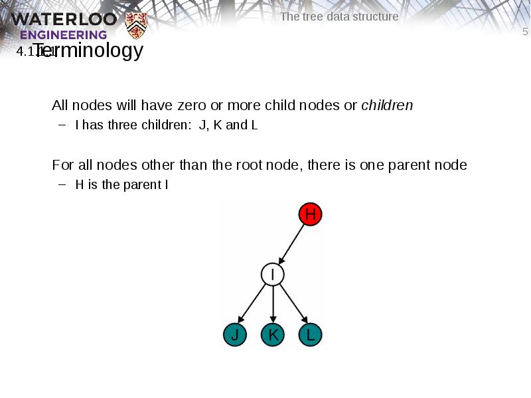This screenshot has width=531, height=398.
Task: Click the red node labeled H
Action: [x=310, y=214]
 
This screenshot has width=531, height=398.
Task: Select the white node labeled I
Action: [x=272, y=275]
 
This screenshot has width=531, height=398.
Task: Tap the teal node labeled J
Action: [x=234, y=335]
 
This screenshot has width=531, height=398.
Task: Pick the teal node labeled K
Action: [x=272, y=335]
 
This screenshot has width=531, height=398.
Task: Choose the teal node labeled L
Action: [x=310, y=335]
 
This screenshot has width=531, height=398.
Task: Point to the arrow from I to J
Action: [x=253, y=305]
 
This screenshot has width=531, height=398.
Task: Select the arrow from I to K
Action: [x=272, y=305]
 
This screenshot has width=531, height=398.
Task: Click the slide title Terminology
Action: [x=88, y=50]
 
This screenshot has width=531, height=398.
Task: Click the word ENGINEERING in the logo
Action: [x=63, y=34]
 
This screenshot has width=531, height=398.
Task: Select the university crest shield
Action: [x=136, y=25]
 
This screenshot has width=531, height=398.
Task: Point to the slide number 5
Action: [x=525, y=33]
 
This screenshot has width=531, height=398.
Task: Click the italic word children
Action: [x=387, y=105]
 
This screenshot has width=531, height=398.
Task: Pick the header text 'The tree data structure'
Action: [x=339, y=17]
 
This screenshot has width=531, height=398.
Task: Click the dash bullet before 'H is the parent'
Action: [x=62, y=184]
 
